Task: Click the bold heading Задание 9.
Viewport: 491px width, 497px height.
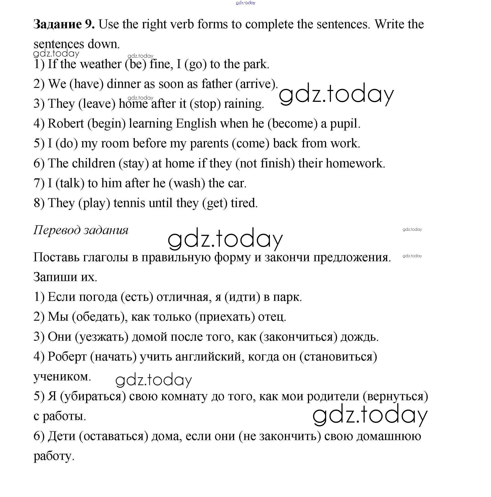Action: coord(64,24)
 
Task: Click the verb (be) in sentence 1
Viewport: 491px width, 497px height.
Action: coord(136,64)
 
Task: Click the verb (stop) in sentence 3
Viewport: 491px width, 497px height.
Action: coord(205,104)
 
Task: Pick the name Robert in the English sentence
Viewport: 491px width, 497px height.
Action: coord(66,123)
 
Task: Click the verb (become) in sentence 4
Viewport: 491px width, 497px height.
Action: coord(292,123)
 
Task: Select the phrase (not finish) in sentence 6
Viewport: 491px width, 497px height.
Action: coord(265,163)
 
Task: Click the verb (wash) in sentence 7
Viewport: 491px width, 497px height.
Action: coord(187,183)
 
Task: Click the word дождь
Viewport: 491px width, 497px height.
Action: coord(359,336)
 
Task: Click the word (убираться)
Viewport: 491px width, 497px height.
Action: coord(93,396)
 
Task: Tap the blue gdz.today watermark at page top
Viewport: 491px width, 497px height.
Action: coord(245,3)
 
